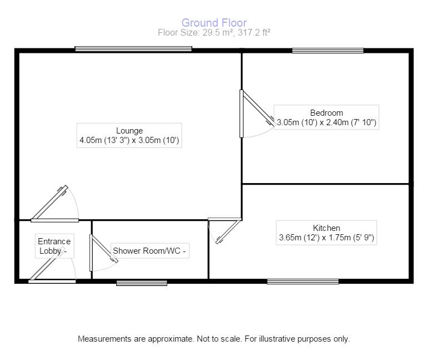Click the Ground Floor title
point(214,23)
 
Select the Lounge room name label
point(130,131)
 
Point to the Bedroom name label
point(326,113)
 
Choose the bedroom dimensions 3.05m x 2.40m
point(326,122)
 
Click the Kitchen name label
point(326,228)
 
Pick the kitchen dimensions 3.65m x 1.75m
point(326,238)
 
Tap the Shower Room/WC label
point(150,251)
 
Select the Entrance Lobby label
point(54,246)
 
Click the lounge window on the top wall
point(133,49)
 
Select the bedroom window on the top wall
point(328,50)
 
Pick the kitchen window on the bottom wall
point(303,282)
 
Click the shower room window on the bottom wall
point(142,283)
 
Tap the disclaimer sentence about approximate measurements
point(214,339)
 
